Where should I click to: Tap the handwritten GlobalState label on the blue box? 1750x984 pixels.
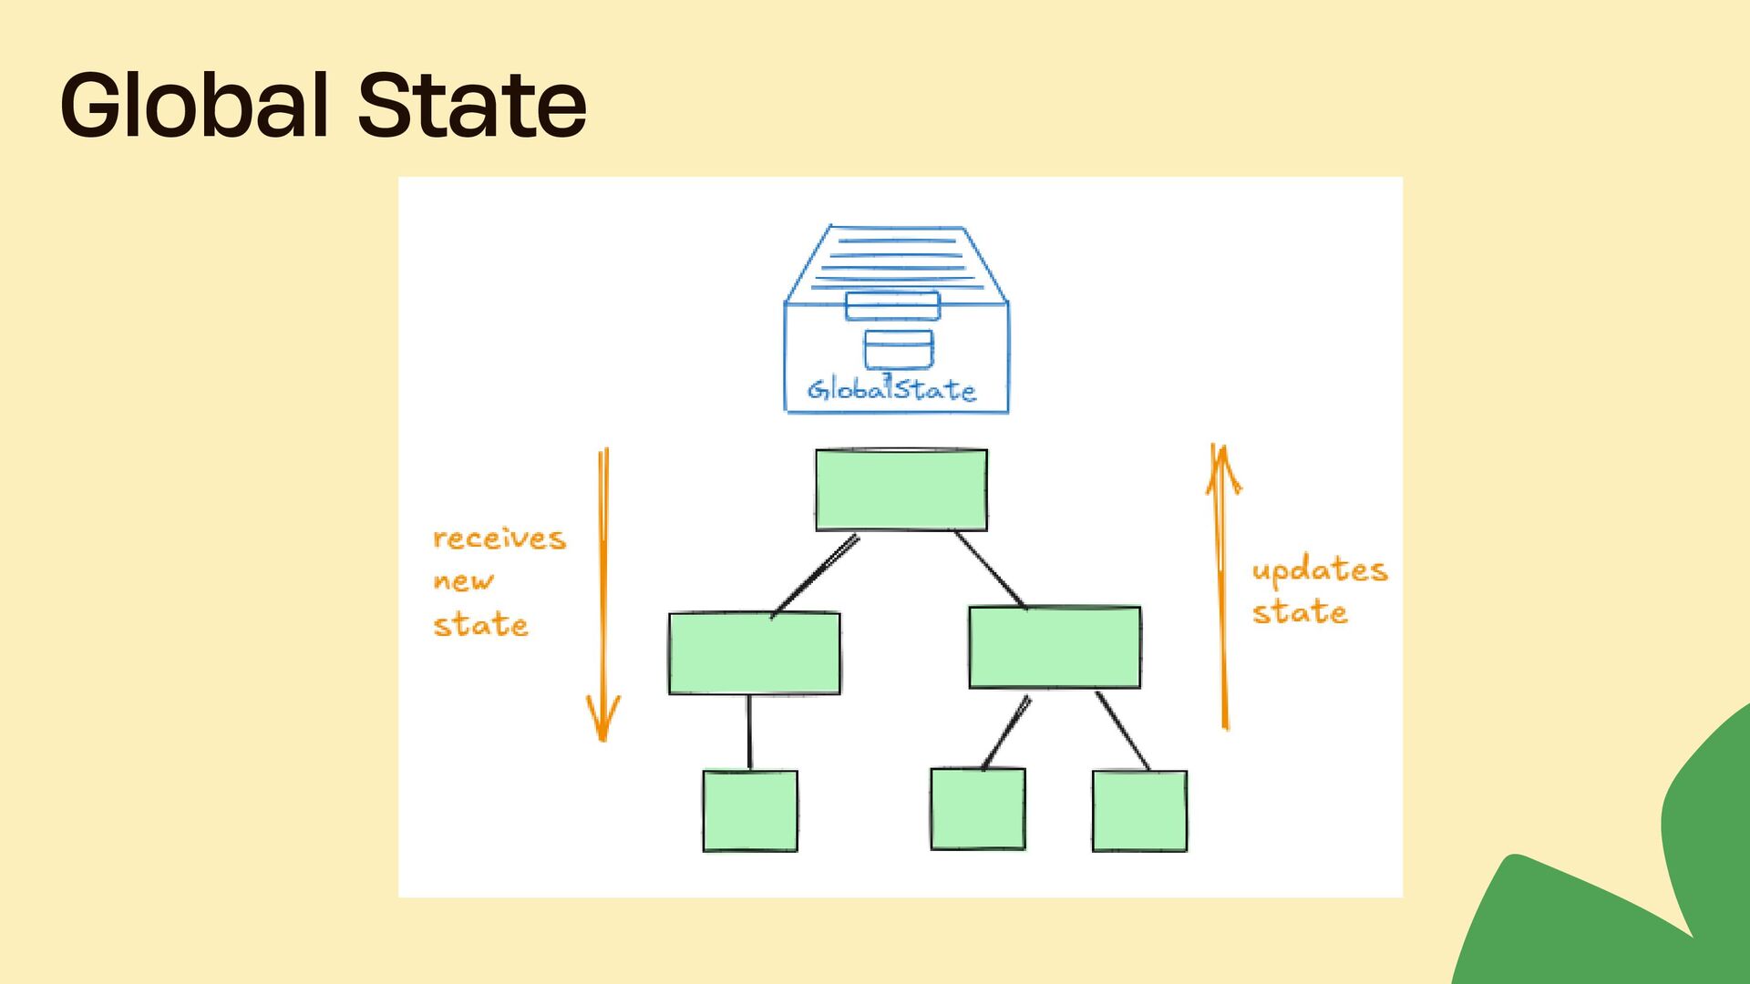point(891,390)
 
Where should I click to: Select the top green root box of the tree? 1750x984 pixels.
point(901,489)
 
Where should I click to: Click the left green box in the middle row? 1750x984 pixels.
point(754,653)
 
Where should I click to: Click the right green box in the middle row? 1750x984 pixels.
point(1055,647)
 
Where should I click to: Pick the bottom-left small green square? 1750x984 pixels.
point(750,811)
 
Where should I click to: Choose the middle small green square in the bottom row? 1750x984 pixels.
point(978,809)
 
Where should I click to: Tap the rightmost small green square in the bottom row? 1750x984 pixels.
point(1139,811)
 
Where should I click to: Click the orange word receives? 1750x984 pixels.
point(499,538)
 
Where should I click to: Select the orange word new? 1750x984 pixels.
point(463,581)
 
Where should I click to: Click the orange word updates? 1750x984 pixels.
point(1319,571)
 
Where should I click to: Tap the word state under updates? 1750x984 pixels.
point(1299,612)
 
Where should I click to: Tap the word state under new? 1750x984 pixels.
point(480,625)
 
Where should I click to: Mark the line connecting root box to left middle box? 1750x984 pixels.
point(815,574)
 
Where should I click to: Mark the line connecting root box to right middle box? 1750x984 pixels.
point(990,569)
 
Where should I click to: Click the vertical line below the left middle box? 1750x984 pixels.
point(749,732)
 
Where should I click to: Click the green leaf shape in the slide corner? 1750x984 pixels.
point(1622,893)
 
